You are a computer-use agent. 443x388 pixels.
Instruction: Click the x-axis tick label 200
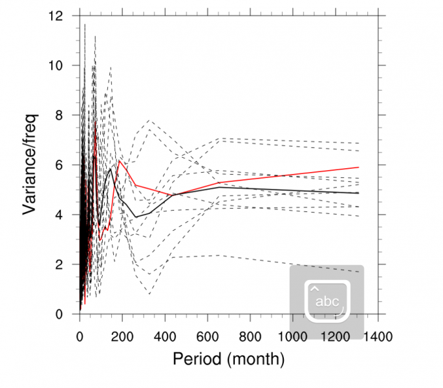pos(122,337)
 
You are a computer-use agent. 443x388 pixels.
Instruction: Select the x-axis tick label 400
pos(164,337)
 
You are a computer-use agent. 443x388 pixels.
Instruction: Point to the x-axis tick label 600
pos(207,337)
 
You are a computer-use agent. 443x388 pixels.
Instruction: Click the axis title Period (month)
pos(228,358)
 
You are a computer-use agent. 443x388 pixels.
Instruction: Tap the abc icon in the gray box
pos(327,301)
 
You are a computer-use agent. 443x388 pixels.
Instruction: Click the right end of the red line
pos(358,167)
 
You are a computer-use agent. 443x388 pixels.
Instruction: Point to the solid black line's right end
pos(358,193)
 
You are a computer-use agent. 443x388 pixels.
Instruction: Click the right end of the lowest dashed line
pos(358,272)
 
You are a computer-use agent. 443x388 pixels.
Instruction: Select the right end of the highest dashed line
pos(358,143)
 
